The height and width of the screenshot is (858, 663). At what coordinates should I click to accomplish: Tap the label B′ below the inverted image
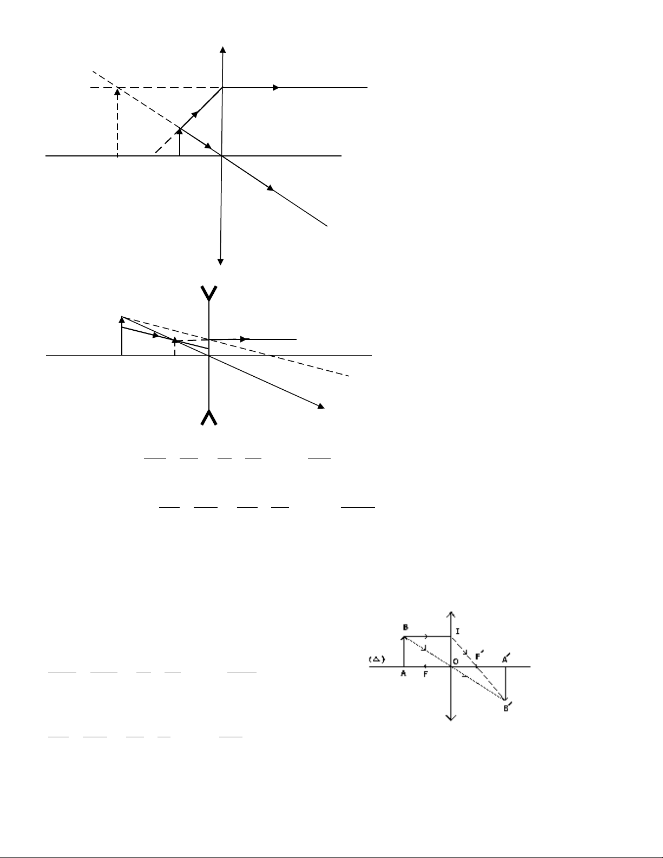[x=506, y=708]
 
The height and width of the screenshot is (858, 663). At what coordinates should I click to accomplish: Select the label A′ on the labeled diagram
[x=505, y=658]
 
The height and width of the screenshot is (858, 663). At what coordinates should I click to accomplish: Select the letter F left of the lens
[x=426, y=674]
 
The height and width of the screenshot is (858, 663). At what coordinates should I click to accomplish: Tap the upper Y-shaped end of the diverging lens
[x=209, y=293]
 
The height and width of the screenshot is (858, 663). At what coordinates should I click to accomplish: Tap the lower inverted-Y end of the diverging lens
[x=209, y=417]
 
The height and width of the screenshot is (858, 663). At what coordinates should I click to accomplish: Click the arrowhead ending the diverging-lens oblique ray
[x=321, y=407]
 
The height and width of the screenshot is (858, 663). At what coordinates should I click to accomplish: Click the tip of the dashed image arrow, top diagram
[x=117, y=90]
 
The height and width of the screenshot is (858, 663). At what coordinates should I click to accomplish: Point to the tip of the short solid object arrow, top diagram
[x=180, y=130]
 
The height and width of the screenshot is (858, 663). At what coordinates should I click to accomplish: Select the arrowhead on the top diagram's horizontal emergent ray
[x=277, y=87]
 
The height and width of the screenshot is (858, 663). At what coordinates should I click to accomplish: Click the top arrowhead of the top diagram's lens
[x=222, y=49]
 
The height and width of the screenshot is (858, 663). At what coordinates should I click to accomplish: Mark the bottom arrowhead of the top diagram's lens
[x=220, y=263]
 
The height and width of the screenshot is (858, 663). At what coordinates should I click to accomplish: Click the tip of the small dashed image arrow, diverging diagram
[x=174, y=340]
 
